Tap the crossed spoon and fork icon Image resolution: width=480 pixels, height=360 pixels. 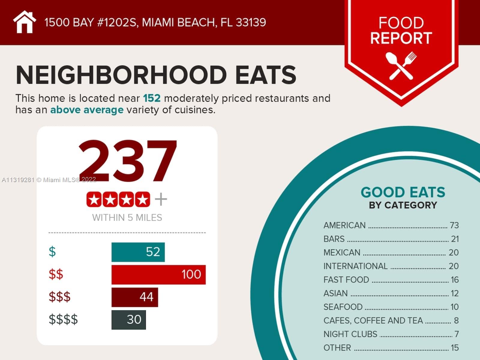pyautogui.click(x=401, y=66)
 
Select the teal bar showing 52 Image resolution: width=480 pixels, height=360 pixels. pyautogui.click(x=138, y=252)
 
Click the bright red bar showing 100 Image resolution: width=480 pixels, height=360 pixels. pyautogui.click(x=158, y=274)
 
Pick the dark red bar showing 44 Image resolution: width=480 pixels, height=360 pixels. pyautogui.click(x=135, y=297)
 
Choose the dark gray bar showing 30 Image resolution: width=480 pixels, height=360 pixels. pyautogui.click(x=129, y=320)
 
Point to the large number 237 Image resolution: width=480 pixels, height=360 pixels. pyautogui.click(x=127, y=161)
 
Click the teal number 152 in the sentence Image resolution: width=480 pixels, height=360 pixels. pyautogui.click(x=152, y=98)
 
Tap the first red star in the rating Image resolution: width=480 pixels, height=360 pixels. pyautogui.click(x=94, y=199)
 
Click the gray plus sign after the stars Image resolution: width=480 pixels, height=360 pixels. pyautogui.click(x=161, y=199)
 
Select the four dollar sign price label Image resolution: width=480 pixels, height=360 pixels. pyautogui.click(x=63, y=319)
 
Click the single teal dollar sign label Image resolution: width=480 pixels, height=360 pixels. pyautogui.click(x=52, y=251)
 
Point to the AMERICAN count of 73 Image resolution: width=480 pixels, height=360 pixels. pyautogui.click(x=454, y=225)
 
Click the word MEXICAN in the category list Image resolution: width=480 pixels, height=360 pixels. pyautogui.click(x=342, y=253)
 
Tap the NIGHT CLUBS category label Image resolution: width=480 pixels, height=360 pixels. pyautogui.click(x=350, y=334)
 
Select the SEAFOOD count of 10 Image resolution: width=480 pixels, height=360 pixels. pyautogui.click(x=454, y=307)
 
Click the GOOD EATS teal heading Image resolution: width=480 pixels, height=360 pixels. pyautogui.click(x=403, y=192)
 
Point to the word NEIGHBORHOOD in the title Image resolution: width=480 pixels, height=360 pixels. pyautogui.click(x=121, y=75)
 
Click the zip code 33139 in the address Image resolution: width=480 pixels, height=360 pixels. pyautogui.click(x=251, y=22)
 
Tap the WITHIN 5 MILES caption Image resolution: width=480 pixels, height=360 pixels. pyautogui.click(x=127, y=217)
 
